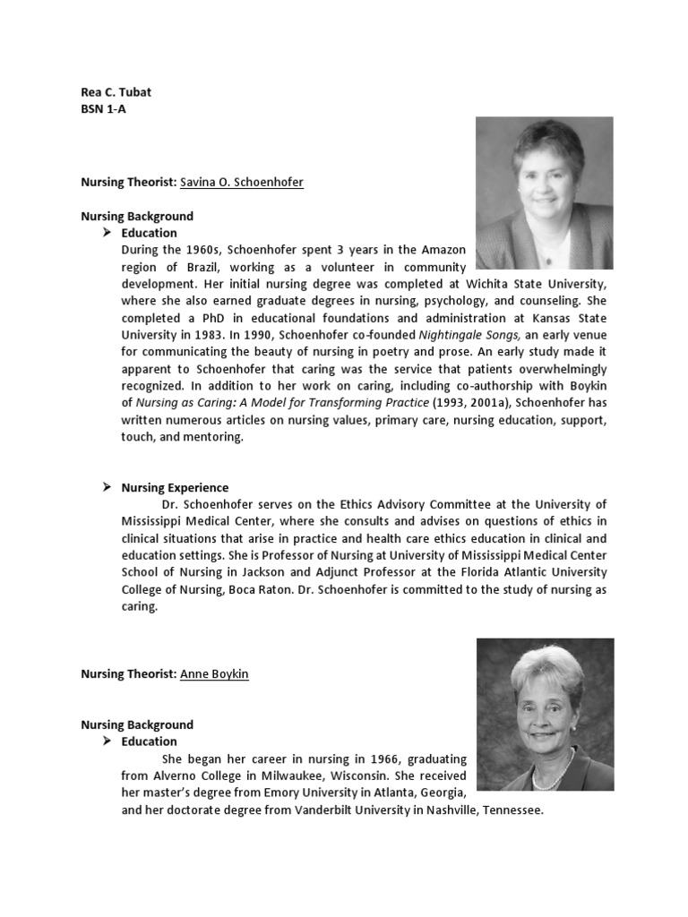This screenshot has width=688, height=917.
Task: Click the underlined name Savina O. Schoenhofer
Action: tap(241, 182)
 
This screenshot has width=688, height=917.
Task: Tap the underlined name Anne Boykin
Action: tap(214, 673)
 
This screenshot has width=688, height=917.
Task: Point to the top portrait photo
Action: tap(545, 193)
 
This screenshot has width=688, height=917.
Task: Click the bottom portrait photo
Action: tap(545, 714)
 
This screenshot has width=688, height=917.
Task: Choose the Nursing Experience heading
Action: tap(175, 487)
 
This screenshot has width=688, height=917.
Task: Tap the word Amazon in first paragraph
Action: tap(444, 250)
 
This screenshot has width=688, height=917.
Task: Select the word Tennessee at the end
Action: tap(512, 810)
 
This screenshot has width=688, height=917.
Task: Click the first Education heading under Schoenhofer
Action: tap(150, 233)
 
